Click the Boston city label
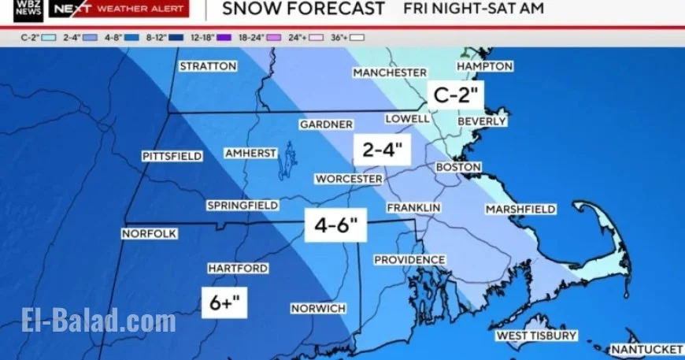point(458,168)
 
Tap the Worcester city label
point(349,179)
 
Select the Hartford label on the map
point(238,269)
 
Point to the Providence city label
point(409,260)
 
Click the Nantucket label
point(647,349)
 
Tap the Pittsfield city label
point(172,156)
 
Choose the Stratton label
point(208,66)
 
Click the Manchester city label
point(390,72)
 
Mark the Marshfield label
point(520,210)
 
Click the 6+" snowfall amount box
point(224,302)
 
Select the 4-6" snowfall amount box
point(336,227)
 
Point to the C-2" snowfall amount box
point(456,96)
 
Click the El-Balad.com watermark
point(98,321)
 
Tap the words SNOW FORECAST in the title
point(303,9)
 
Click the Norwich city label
point(317,308)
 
